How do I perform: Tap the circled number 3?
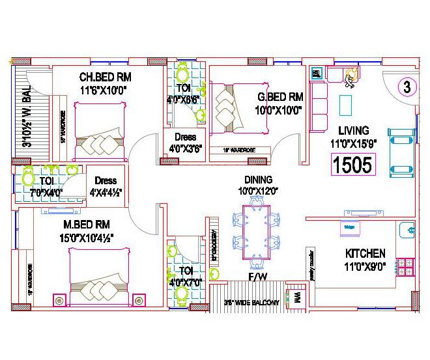pos(407,86)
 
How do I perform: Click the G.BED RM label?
pos(279,97)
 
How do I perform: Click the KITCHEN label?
pos(365,253)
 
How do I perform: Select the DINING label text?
pos(258,180)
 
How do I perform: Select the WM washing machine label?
pos(296,296)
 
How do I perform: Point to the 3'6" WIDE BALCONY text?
pos(251,303)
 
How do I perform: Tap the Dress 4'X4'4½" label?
pos(106,186)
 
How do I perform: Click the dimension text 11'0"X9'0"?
pos(365,266)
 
